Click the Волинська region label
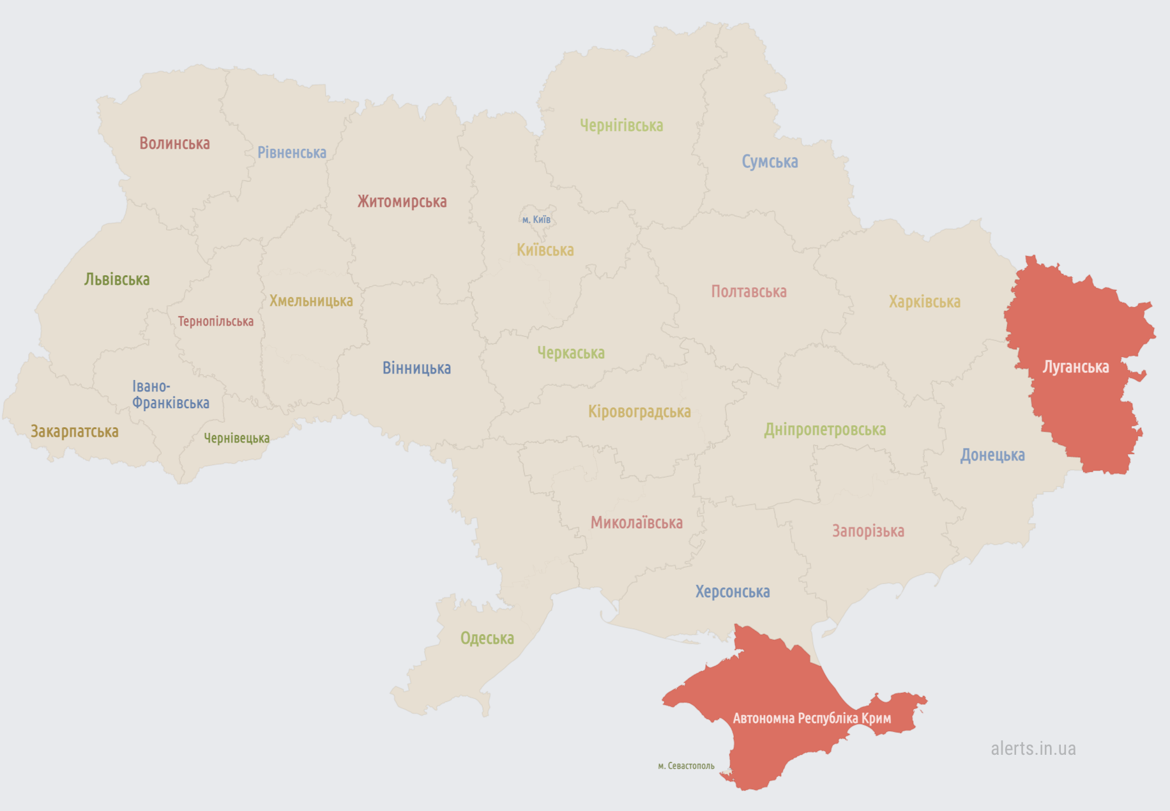174,143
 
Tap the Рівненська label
292,153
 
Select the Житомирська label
402,202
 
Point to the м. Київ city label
536,220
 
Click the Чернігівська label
621,126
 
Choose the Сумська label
770,162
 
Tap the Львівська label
117,279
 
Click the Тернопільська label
215,321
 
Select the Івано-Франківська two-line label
170,395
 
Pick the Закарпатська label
75,432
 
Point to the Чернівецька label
236,438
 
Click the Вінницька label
416,368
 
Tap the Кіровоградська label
639,412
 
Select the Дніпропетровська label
824,430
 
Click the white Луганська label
1075,367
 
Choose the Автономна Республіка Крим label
811,718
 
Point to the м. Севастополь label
686,766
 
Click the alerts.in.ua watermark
1033,748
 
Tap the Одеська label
487,639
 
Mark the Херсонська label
733,592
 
